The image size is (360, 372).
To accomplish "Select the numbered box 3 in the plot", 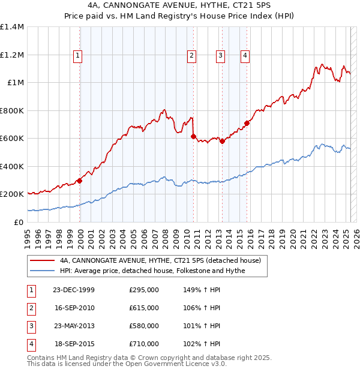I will (220, 56).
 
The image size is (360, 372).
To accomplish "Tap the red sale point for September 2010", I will (193, 136).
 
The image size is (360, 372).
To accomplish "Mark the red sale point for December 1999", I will (80, 181).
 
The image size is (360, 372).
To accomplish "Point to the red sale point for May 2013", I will (222, 141).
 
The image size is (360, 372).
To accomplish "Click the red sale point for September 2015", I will (247, 123).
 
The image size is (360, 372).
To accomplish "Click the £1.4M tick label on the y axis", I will (12, 27).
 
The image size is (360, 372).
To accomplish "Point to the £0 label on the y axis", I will (19, 222).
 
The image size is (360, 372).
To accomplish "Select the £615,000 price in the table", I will (144, 308).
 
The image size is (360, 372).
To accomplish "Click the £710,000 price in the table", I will (144, 344).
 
